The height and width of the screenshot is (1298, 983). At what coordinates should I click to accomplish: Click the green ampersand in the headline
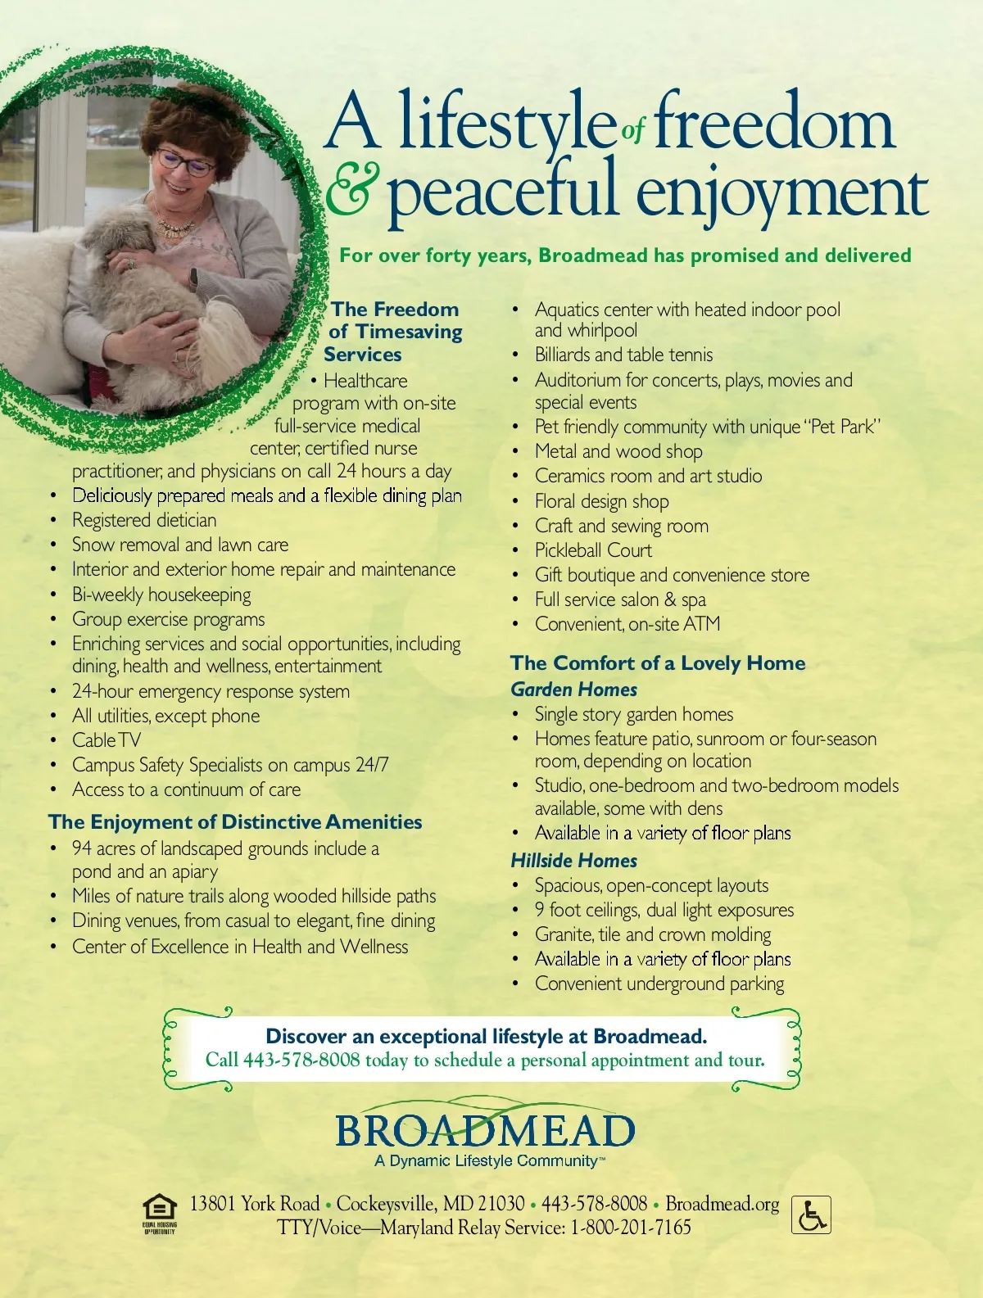click(x=353, y=190)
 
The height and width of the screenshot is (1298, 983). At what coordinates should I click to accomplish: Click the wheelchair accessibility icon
click(x=811, y=1215)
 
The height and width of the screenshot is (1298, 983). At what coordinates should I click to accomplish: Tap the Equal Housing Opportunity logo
click(x=160, y=1213)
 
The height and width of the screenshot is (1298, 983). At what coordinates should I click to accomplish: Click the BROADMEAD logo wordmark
click(x=485, y=1131)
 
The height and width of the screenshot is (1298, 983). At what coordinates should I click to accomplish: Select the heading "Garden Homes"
click(x=573, y=690)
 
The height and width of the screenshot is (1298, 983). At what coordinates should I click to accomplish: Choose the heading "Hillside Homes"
click(x=573, y=861)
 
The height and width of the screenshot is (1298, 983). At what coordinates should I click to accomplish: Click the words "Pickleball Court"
click(x=593, y=550)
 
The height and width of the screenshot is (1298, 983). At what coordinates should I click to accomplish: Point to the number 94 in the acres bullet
click(x=82, y=848)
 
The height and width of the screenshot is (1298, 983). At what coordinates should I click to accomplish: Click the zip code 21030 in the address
click(x=501, y=1204)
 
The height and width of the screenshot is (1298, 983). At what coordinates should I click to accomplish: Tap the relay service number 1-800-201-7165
click(x=631, y=1228)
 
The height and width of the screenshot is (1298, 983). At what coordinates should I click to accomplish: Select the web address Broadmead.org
click(x=722, y=1204)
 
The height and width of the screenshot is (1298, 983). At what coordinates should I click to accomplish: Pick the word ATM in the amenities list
click(x=702, y=624)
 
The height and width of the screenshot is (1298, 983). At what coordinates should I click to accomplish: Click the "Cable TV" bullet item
click(x=106, y=740)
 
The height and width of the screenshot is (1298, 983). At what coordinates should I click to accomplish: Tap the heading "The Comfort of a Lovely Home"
click(x=658, y=663)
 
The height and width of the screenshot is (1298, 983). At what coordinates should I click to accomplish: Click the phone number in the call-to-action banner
click(x=301, y=1061)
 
